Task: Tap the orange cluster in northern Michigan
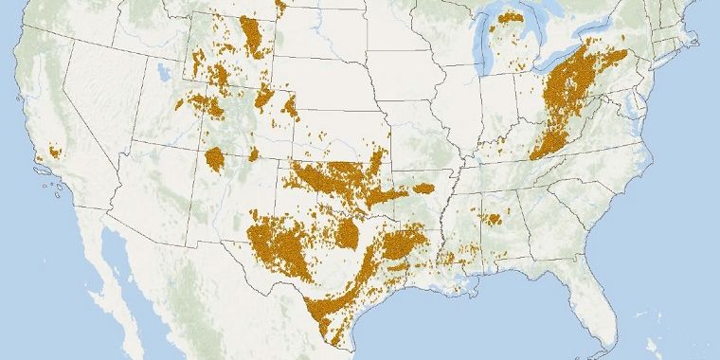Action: (x=511, y=17)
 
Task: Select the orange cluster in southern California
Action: (x=54, y=151)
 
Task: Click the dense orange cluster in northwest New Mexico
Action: (x=215, y=156)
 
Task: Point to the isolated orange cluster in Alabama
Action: (x=491, y=219)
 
